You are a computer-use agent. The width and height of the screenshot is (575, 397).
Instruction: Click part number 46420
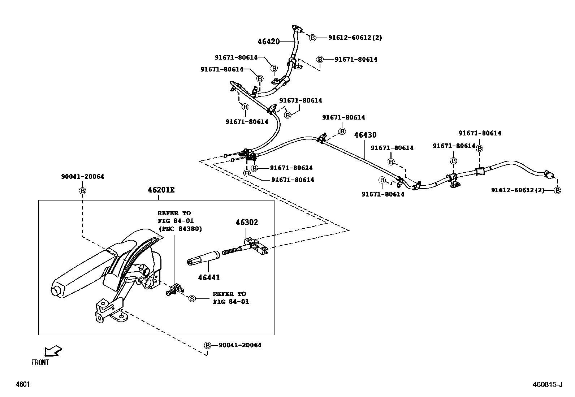point(268,42)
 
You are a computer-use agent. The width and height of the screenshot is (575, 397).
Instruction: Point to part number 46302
point(247,222)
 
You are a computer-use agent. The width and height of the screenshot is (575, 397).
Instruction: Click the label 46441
point(208,278)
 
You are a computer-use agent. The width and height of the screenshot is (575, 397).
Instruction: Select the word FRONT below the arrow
point(40,362)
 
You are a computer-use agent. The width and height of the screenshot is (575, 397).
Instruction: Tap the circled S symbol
point(192,298)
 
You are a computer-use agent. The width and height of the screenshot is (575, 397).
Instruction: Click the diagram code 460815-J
point(548,384)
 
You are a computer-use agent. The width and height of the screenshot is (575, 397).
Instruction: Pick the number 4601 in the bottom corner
point(22,384)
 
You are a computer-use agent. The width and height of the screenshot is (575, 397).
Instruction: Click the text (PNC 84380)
point(180,229)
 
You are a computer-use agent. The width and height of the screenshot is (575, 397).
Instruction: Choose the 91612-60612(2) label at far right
point(517,190)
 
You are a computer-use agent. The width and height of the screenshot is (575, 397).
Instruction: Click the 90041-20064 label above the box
point(82,177)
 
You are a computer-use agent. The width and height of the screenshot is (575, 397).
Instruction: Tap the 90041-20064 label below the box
point(239,345)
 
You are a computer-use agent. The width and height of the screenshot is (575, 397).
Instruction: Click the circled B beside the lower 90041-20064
point(208,345)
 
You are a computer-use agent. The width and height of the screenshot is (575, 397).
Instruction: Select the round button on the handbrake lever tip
point(56,290)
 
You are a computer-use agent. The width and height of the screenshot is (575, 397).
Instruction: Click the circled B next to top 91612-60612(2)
point(312,37)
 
